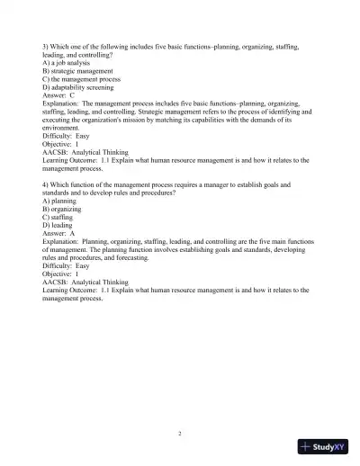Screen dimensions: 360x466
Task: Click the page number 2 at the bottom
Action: pos(180,433)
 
